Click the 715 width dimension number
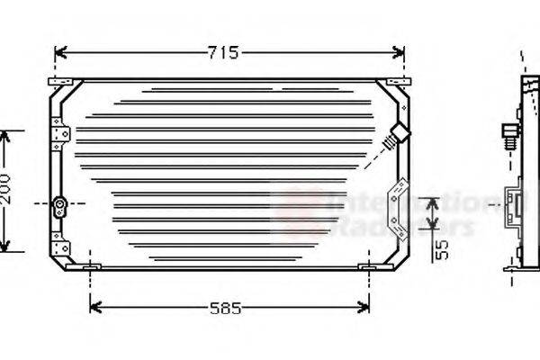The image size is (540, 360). (223, 53)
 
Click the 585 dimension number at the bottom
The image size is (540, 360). (225, 309)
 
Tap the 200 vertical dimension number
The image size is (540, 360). (8, 191)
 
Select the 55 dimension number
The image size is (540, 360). (441, 249)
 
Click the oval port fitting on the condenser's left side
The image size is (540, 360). (59, 206)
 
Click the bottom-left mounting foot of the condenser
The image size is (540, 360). (91, 267)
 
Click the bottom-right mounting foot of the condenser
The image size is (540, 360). (368, 267)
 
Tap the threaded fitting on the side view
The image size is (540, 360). (510, 136)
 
